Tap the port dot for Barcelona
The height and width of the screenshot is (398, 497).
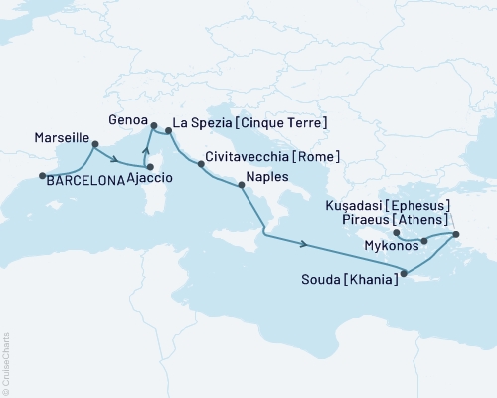click(x=43, y=177)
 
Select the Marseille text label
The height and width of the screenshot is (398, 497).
click(x=62, y=137)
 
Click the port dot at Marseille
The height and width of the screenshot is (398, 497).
click(x=94, y=145)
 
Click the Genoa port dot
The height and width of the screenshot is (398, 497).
click(x=153, y=125)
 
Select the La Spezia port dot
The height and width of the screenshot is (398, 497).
click(x=168, y=129)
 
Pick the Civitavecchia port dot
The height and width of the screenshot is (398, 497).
click(x=202, y=165)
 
